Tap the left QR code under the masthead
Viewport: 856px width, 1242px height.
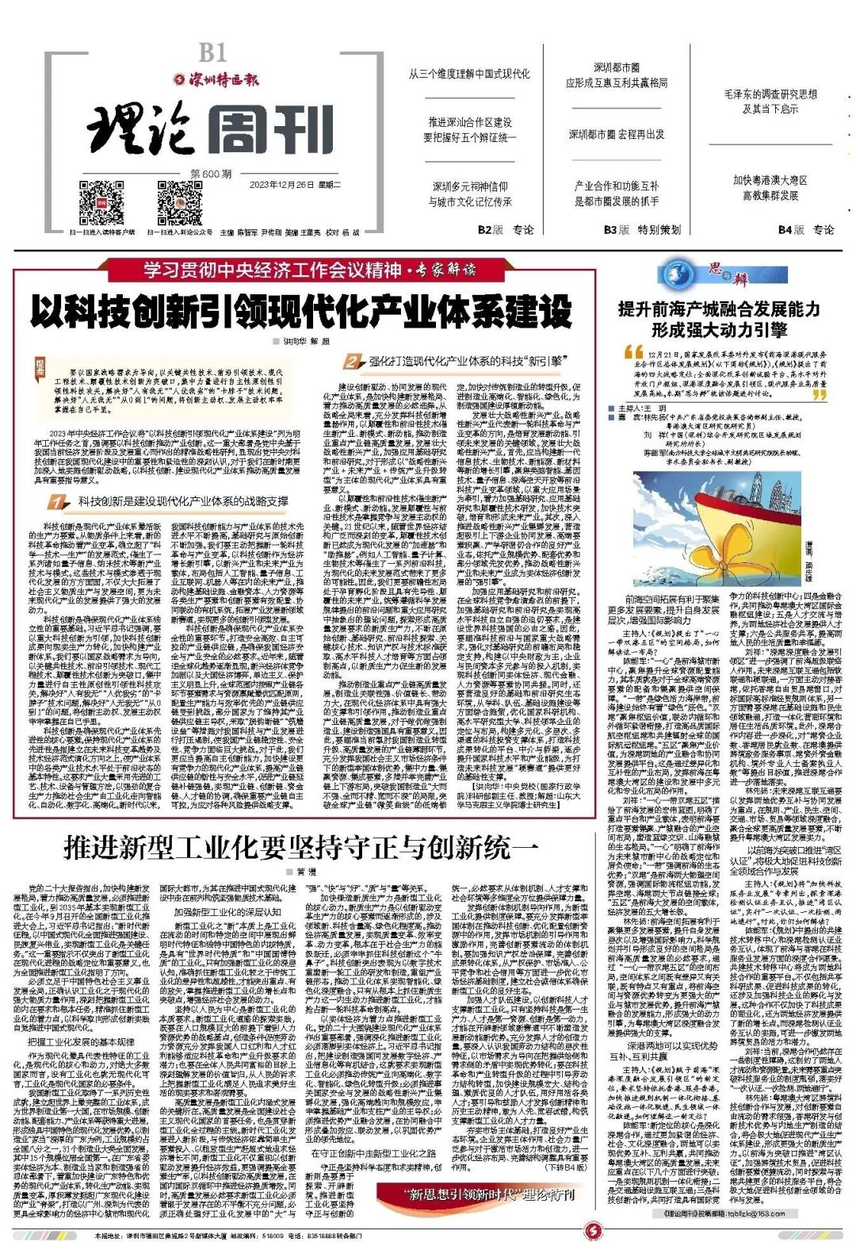(x=101, y=203)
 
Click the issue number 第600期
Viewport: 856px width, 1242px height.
(x=212, y=174)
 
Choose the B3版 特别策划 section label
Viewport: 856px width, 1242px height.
(x=642, y=230)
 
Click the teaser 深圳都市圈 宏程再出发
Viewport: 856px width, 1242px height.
(x=616, y=135)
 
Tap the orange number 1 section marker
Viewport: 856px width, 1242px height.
(x=56, y=502)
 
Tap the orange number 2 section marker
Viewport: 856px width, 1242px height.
(x=353, y=362)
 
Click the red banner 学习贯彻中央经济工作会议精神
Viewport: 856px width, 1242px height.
(x=273, y=270)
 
